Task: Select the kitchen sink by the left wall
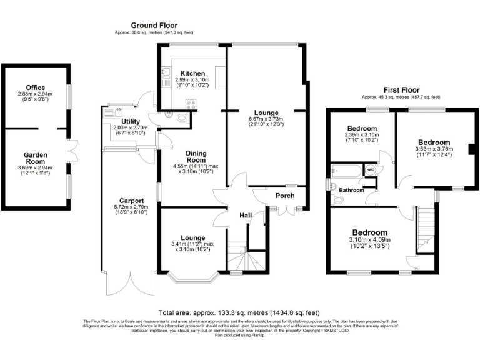pos(165,78)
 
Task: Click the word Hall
pos(246,216)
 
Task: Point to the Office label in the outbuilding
pos(35,87)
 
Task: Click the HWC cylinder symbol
pos(371,169)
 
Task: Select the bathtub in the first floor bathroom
pos(345,169)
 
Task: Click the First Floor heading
pos(400,90)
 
